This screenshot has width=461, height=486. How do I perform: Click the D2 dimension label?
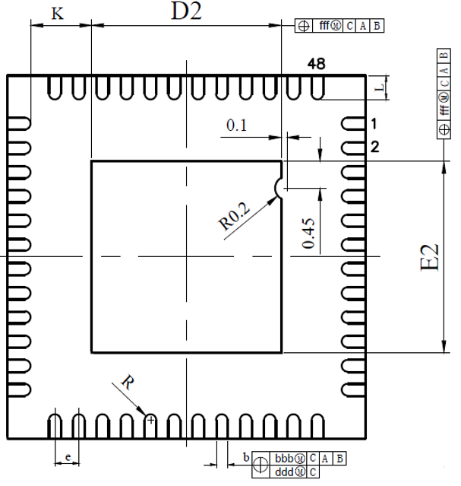[x=185, y=11]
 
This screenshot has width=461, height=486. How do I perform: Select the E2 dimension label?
[x=430, y=257]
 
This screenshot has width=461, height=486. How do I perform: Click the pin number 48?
[x=317, y=65]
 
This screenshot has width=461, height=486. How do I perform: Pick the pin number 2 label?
[x=374, y=147]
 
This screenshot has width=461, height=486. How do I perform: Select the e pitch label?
[x=68, y=457]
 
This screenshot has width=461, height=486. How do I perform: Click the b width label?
[x=245, y=456]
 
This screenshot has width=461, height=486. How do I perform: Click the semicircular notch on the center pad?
[x=279, y=186]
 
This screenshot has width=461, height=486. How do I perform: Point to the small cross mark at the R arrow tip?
[x=151, y=418]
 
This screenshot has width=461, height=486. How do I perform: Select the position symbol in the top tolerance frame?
[x=304, y=26]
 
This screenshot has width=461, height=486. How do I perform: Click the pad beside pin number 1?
[x=351, y=123]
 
